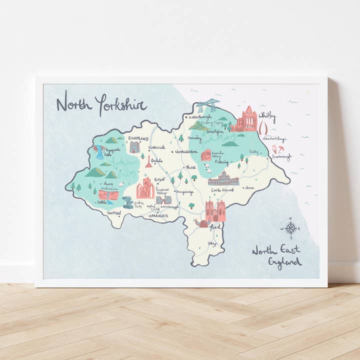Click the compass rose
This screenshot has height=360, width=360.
click(290, 228)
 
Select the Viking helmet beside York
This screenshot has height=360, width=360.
click(202, 223)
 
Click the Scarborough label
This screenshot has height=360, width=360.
click(281, 156)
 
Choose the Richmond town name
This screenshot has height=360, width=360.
click(138, 138)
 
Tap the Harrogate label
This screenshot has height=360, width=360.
click(158, 215)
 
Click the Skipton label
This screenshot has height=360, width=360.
click(114, 212)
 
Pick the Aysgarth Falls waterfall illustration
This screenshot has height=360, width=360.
click(100, 152)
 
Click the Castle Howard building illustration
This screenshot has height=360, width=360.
click(223, 178)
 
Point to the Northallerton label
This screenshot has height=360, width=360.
click(186, 151)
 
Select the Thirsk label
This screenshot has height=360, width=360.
click(190, 167)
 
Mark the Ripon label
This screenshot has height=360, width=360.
click(159, 179)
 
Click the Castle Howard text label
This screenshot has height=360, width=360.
click(223, 190)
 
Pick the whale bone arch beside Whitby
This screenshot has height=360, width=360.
click(263, 129)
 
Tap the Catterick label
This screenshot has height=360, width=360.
click(156, 147)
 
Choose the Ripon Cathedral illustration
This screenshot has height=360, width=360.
click(145, 188)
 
